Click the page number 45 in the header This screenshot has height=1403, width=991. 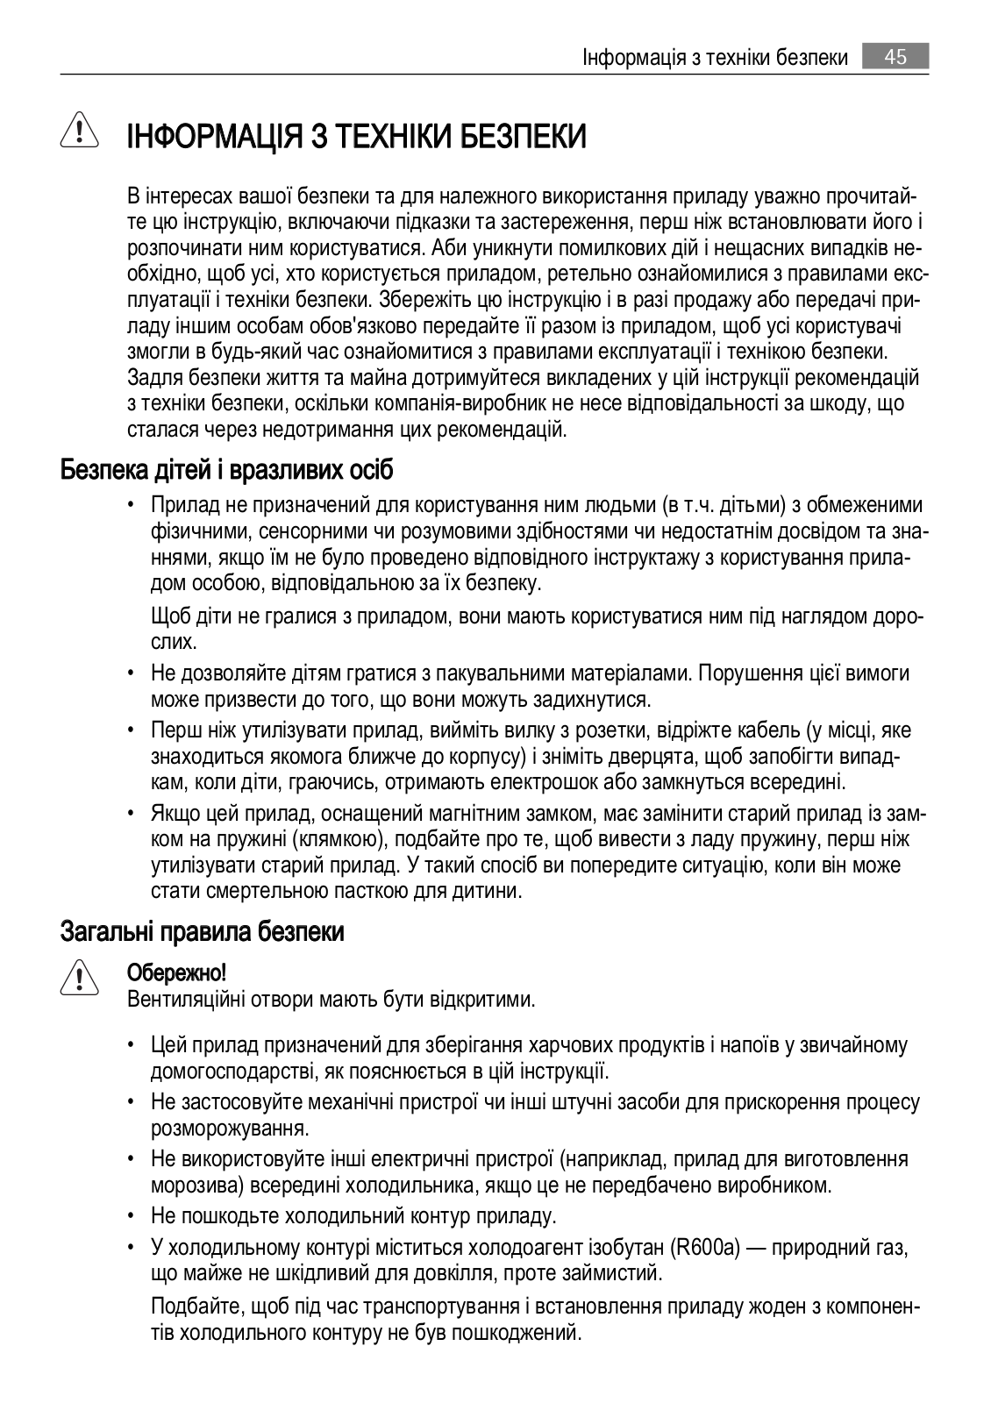(x=895, y=58)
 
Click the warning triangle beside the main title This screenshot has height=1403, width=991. (x=78, y=132)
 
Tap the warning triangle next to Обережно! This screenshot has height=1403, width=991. (x=78, y=979)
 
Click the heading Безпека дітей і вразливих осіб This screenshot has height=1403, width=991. (x=226, y=470)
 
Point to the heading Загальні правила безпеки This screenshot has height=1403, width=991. (x=202, y=931)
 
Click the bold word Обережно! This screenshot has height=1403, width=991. (x=177, y=972)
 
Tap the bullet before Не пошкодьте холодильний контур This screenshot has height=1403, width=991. (x=131, y=1217)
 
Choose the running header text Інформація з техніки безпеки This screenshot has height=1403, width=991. (x=715, y=58)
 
